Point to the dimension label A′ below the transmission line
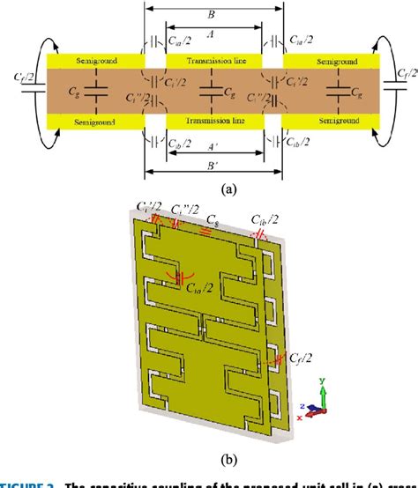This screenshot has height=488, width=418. tap(209, 152)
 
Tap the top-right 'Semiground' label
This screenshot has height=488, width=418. tap(332, 62)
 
